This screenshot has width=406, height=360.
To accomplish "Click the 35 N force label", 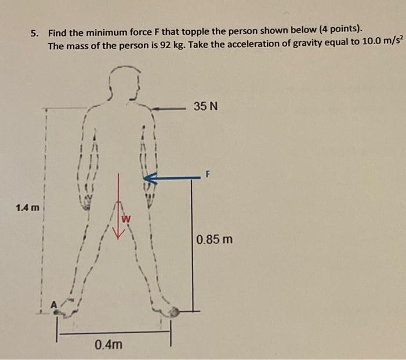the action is (206, 106).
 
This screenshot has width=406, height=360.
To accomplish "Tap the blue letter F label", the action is (208, 174).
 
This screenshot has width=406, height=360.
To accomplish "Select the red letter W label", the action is (126, 219).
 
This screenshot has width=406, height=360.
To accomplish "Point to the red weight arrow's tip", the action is (118, 239).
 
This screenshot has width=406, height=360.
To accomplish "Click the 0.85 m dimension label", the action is (214, 239).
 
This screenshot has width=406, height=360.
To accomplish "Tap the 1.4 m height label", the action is (27, 208).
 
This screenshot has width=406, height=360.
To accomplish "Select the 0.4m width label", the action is (108, 345).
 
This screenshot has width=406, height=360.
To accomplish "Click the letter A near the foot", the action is (53, 304).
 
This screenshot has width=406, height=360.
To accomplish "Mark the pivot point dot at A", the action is (56, 312).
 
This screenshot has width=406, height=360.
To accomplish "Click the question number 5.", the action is (34, 34).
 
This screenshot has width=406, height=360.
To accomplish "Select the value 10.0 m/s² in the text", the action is (383, 41).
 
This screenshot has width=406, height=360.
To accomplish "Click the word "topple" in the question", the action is (196, 32).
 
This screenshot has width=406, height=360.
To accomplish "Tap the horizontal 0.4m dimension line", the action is (114, 333).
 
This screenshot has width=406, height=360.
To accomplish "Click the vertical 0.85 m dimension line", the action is (193, 245).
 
